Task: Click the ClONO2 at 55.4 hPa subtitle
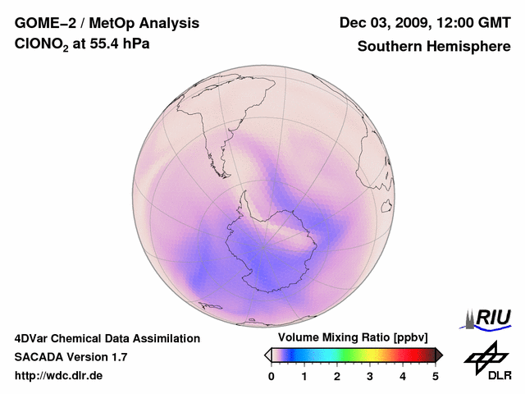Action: [82, 46]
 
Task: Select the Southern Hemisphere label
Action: [433, 46]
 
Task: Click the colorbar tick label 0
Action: [272, 376]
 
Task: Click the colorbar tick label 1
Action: [304, 376]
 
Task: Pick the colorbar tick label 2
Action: [337, 376]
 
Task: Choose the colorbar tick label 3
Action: [370, 376]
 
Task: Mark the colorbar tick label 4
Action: [403, 376]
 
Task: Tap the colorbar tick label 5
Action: [436, 376]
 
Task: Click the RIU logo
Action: [491, 318]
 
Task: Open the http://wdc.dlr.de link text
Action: [59, 376]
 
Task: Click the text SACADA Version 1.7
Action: [71, 357]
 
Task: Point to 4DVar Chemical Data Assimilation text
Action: [107, 338]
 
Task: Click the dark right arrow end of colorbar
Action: [439, 355]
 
